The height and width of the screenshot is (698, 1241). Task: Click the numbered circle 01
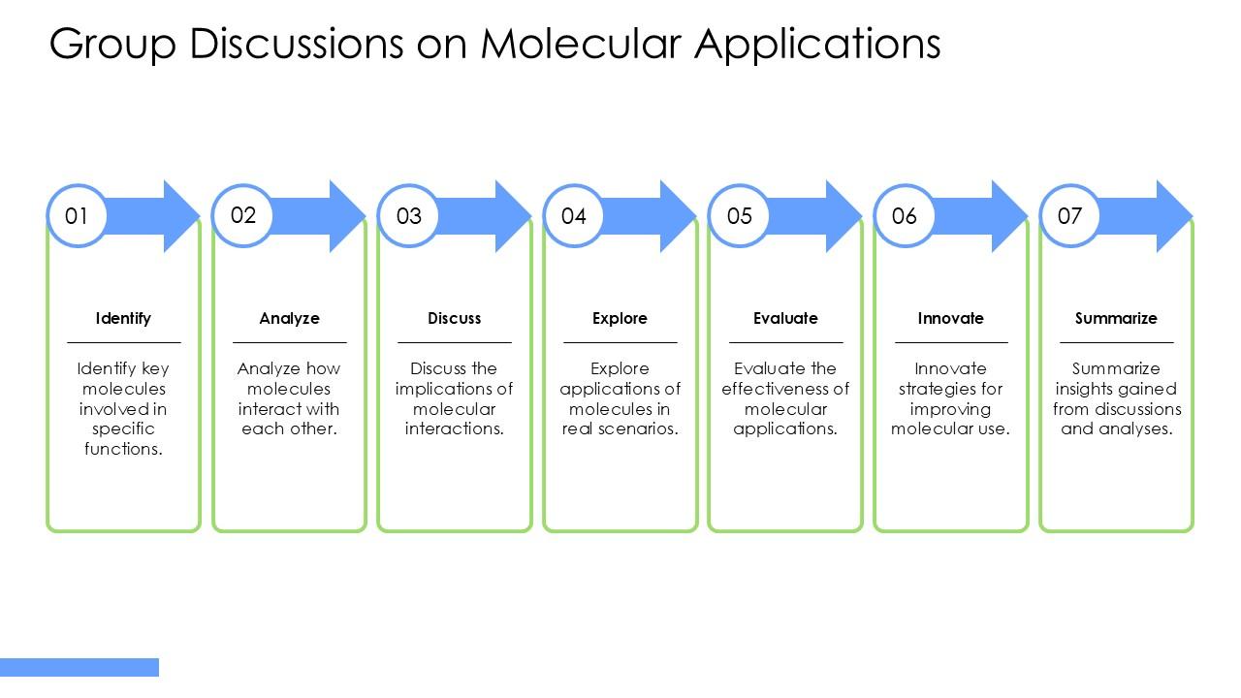[x=77, y=215]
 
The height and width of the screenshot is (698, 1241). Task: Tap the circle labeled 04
[x=574, y=215]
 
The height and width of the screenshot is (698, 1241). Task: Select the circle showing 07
[x=1069, y=215]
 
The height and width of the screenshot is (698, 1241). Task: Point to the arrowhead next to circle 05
[x=841, y=215]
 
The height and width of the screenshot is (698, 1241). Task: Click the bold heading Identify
[x=123, y=318]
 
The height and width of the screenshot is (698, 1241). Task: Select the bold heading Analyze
[x=289, y=318]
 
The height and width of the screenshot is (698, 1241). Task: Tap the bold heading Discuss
[x=454, y=318]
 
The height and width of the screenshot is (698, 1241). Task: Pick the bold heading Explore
[x=620, y=318]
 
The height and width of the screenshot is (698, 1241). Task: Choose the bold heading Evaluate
[x=785, y=318]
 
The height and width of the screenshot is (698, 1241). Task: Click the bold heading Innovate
[x=950, y=318]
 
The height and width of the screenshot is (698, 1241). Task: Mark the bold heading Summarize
[x=1116, y=318]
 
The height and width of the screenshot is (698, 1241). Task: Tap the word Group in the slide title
[x=112, y=44]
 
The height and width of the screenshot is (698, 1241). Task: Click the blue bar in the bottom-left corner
[x=80, y=667]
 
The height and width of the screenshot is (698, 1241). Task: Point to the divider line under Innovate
[x=950, y=342]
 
